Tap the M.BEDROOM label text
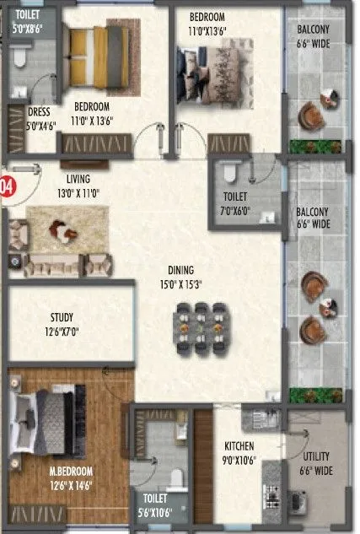pos(70,471)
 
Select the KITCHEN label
pos(239,446)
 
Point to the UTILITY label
pos(317,456)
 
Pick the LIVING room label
pos(78,179)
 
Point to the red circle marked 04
pos(6,186)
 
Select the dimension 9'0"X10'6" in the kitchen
pos(239,460)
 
